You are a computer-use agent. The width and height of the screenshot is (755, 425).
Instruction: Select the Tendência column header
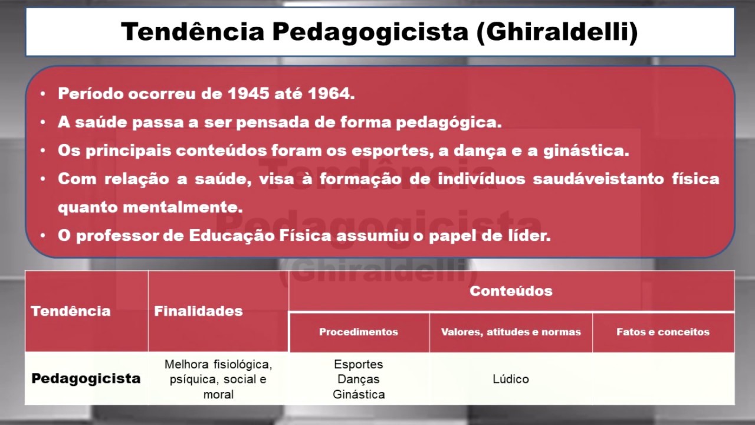point(70,311)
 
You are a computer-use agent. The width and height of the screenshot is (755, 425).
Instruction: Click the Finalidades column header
point(198,311)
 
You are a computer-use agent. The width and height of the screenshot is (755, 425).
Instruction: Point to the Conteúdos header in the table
point(511,290)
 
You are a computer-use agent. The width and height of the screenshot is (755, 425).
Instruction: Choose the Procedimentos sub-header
point(359,332)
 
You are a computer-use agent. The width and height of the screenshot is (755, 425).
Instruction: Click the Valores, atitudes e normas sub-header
point(511,332)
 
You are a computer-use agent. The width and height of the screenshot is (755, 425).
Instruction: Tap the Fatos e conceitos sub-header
point(663,332)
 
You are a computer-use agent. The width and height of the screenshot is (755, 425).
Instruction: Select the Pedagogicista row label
point(86,378)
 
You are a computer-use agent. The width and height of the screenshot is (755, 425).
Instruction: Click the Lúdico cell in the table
point(511,379)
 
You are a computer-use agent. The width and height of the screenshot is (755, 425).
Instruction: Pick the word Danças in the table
point(359,379)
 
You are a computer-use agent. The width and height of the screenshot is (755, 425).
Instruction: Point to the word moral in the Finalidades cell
point(218,394)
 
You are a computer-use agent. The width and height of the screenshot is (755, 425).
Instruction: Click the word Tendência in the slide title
point(193,32)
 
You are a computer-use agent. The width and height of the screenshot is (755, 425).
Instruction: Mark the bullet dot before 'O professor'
point(43,236)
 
